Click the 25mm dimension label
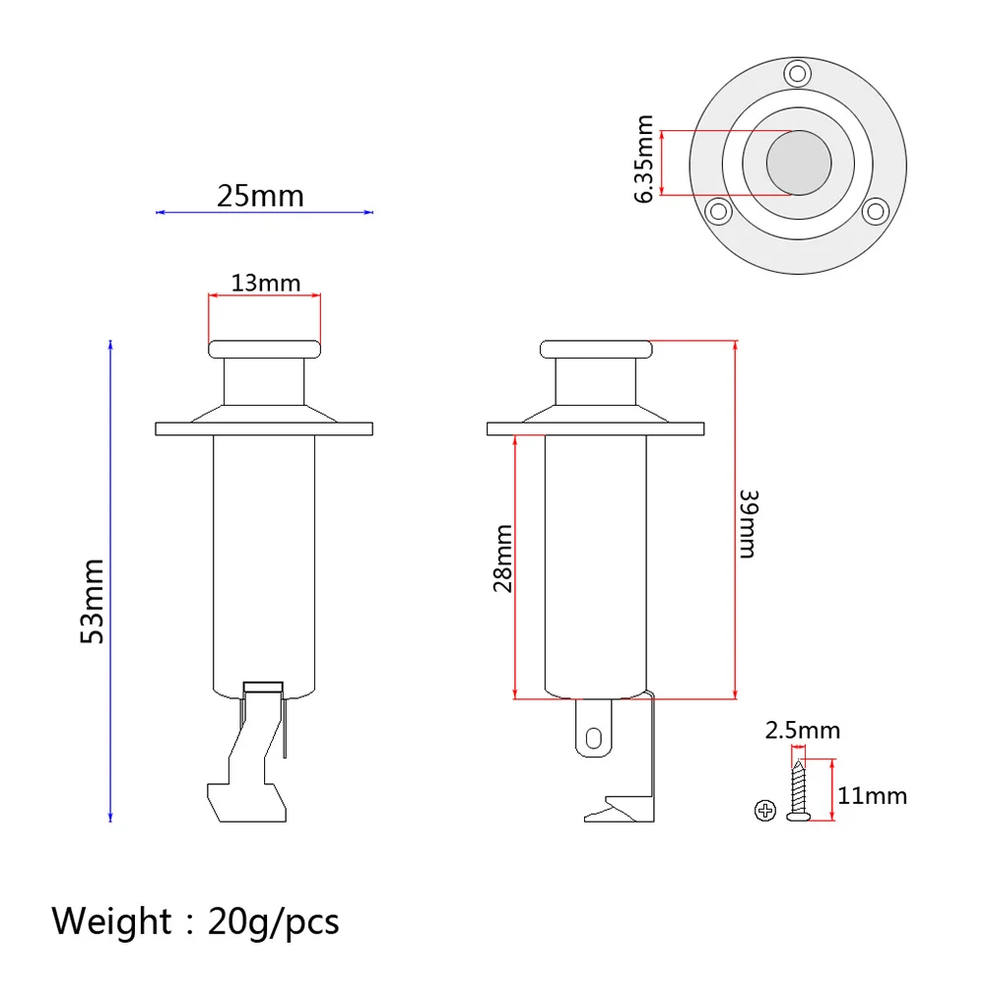(260, 196)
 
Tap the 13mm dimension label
(265, 283)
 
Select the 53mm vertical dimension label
(92, 601)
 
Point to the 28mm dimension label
(502, 559)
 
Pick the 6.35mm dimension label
(645, 161)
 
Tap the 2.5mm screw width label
(803, 730)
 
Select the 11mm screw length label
(873, 796)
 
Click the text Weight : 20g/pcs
(195, 922)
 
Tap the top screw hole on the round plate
(798, 72)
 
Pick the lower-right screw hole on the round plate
(874, 210)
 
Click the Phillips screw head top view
(764, 811)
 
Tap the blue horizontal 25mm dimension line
(265, 212)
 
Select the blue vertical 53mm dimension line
(110, 581)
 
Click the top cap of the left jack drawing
(264, 348)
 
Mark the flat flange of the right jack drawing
(596, 428)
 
